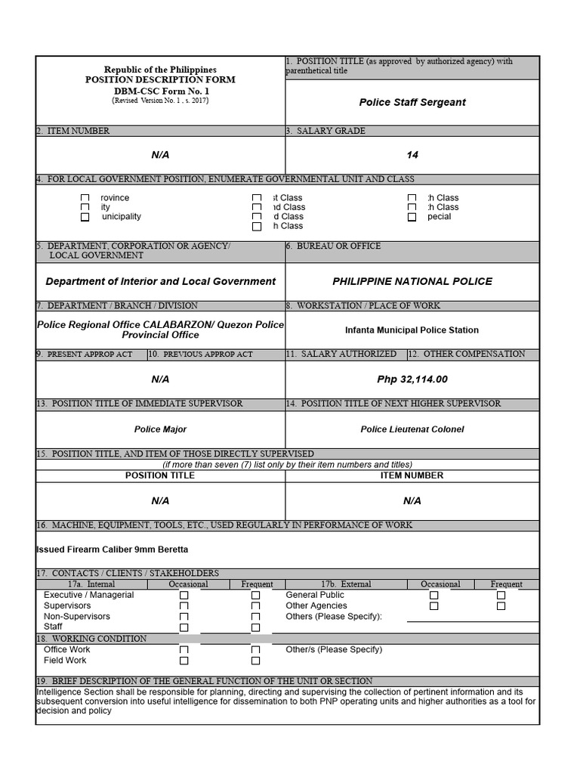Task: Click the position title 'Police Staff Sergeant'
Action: click(x=412, y=102)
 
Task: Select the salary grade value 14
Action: click(x=412, y=155)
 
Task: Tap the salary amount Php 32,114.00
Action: click(x=412, y=379)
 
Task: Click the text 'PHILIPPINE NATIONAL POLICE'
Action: click(x=412, y=281)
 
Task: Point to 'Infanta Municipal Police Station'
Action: click(x=412, y=330)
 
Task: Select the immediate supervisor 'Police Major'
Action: click(x=160, y=429)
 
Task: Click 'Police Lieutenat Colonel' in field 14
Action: click(x=412, y=429)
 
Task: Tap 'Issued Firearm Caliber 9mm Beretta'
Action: click(x=113, y=550)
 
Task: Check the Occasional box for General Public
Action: click(x=434, y=596)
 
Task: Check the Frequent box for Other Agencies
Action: click(x=501, y=606)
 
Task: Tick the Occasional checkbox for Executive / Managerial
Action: click(x=184, y=596)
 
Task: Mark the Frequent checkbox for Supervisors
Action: click(x=255, y=606)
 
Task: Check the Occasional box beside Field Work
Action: click(x=184, y=661)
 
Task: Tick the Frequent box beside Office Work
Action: click(x=255, y=650)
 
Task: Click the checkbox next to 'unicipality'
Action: click(x=85, y=217)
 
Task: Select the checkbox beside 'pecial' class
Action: click(x=412, y=217)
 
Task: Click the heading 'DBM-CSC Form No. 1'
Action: click(x=160, y=91)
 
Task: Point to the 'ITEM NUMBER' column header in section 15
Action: click(x=412, y=475)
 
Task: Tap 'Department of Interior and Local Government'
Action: click(x=160, y=281)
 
